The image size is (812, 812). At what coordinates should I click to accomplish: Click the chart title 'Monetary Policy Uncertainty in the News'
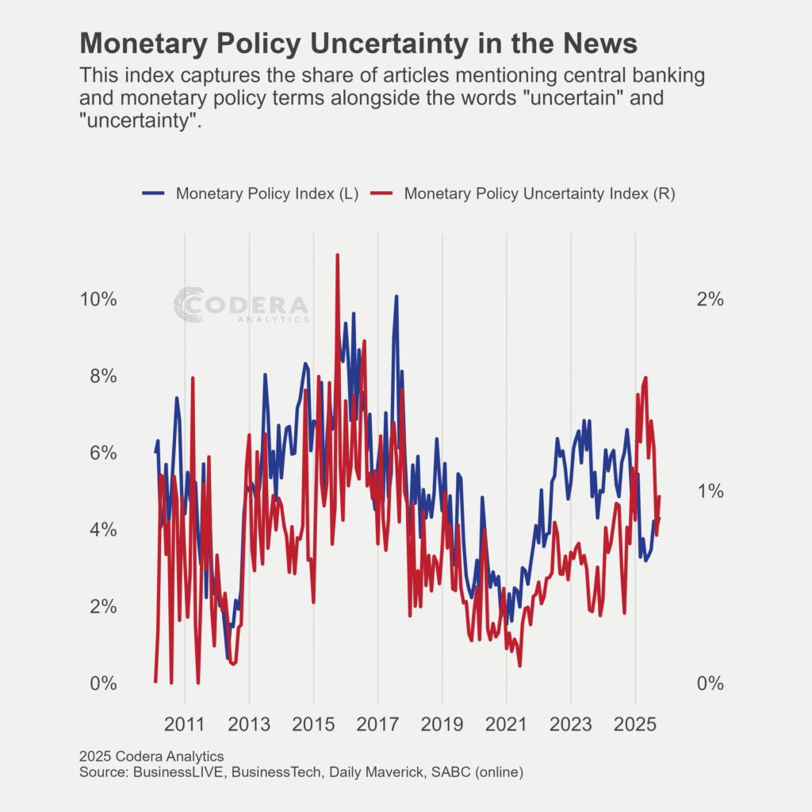(359, 44)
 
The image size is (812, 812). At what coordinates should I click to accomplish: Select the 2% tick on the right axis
(710, 300)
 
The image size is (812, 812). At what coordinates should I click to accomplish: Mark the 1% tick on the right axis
(710, 491)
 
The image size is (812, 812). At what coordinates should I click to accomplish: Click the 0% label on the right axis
(710, 684)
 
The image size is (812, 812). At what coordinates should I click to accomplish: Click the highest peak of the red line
(338, 255)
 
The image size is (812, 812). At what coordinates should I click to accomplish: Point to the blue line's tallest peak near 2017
(396, 297)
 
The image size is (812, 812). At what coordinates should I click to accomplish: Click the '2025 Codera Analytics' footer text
(151, 756)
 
